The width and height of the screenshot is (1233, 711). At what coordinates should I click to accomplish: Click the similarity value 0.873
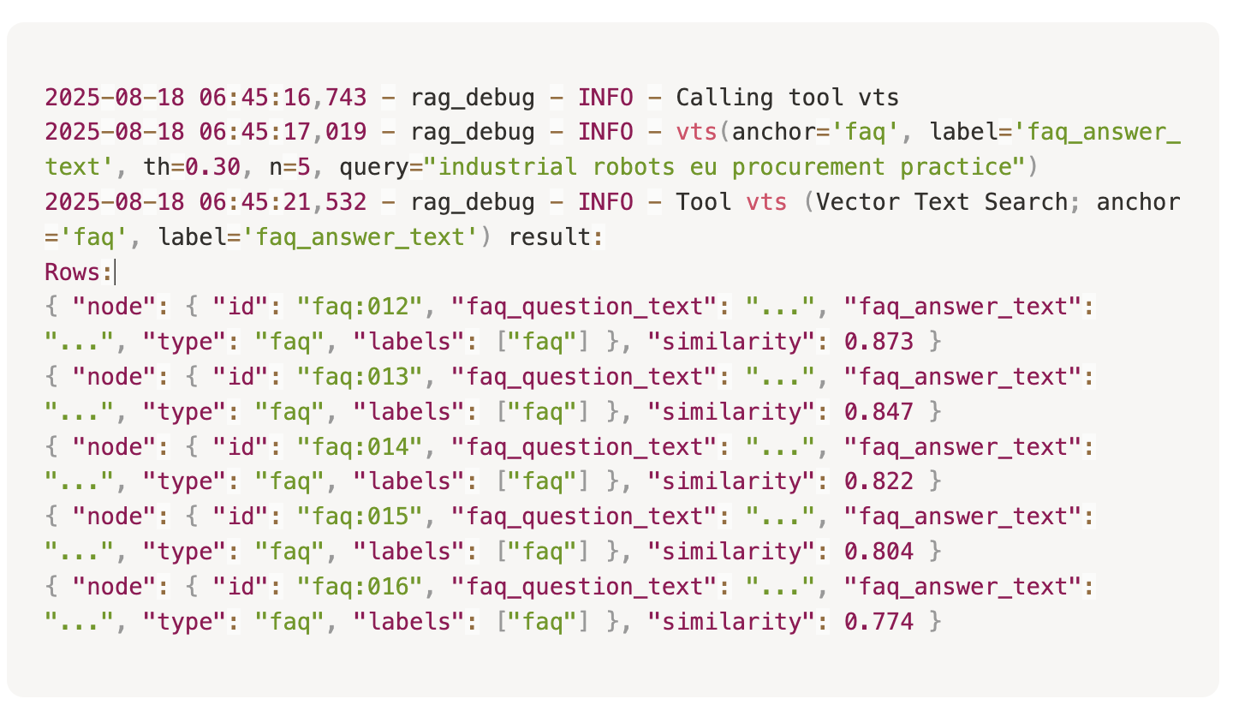point(879,342)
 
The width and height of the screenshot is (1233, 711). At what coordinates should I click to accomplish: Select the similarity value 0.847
point(879,412)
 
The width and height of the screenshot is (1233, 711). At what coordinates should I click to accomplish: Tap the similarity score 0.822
point(879,482)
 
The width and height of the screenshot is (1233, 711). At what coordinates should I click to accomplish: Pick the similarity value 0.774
point(879,622)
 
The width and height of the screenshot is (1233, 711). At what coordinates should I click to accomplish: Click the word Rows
point(73,272)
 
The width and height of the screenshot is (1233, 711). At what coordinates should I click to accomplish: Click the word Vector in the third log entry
point(858,202)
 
